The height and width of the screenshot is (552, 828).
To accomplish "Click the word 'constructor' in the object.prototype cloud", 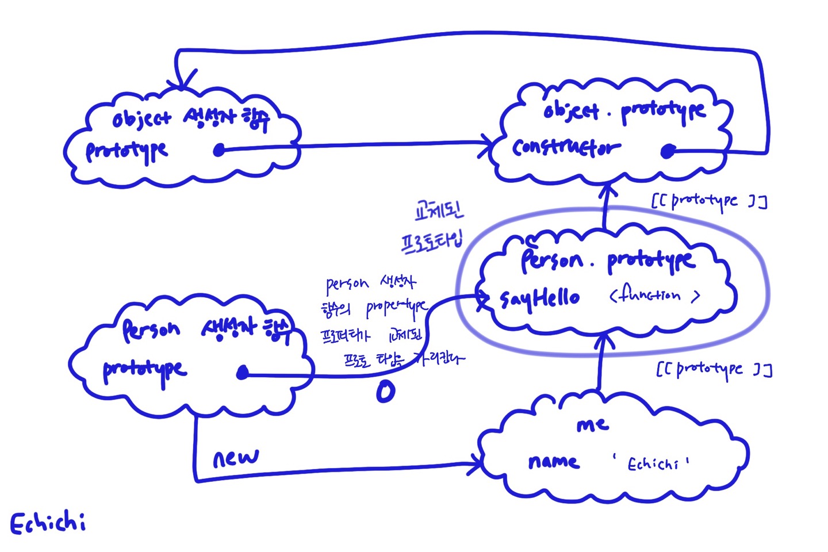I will [x=566, y=148].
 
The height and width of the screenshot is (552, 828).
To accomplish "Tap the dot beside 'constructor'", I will [x=667, y=151].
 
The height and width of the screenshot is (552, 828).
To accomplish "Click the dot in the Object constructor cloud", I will [x=218, y=151].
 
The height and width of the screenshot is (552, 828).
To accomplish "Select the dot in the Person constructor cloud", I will [x=243, y=374].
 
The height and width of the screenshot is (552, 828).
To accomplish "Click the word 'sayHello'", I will [x=539, y=298].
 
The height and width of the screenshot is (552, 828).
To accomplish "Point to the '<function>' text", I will [x=654, y=296].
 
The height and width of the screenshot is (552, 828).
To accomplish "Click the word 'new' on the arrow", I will [x=236, y=458].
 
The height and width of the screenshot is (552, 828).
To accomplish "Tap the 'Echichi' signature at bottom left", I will [x=48, y=524].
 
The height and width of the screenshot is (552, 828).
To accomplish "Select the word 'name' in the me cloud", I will [x=553, y=462].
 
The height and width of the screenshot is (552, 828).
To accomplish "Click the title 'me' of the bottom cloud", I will [x=592, y=425].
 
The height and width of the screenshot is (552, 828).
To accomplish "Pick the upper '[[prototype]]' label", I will [x=708, y=201].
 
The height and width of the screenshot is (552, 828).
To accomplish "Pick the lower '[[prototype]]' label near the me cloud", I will [x=714, y=369].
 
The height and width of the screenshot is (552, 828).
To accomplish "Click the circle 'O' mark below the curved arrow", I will [x=385, y=392].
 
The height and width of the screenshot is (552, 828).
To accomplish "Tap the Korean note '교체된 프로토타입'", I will [x=434, y=227].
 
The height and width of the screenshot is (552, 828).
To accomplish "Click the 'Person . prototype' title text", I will [x=607, y=260].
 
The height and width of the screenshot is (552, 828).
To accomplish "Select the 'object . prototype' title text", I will [x=624, y=111].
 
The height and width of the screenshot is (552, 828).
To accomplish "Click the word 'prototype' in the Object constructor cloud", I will [x=126, y=151].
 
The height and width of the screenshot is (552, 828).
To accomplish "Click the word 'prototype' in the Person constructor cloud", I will [x=144, y=370].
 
